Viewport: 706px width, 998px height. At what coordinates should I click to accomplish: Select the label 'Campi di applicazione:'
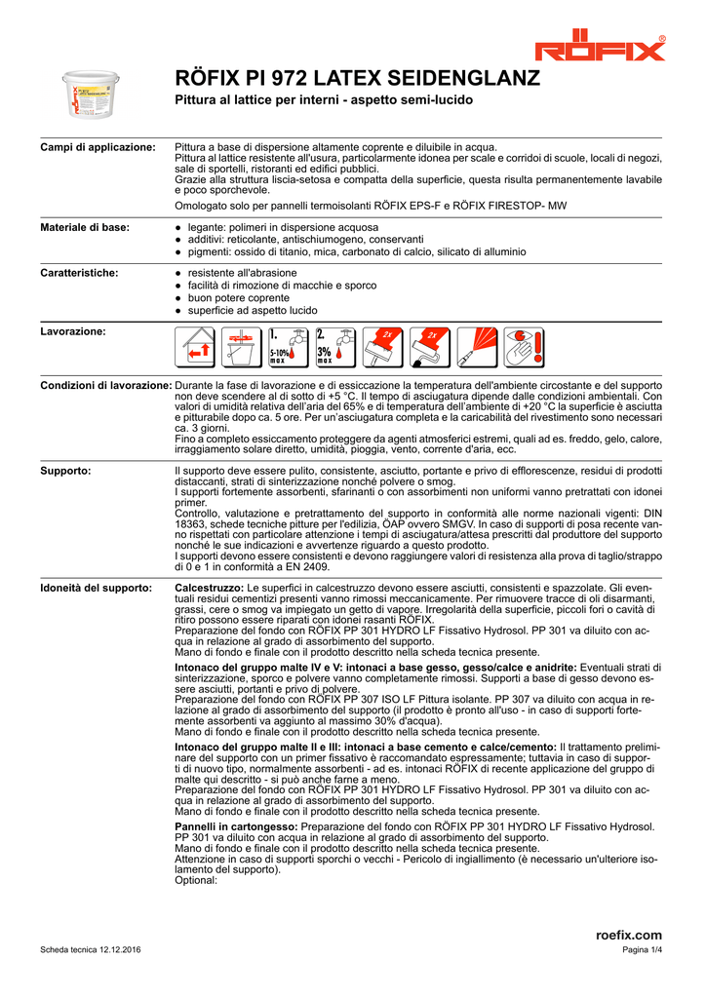click(98, 147)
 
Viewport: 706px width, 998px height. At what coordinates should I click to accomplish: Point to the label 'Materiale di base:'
click(85, 227)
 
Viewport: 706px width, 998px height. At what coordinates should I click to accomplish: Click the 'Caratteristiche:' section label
click(79, 273)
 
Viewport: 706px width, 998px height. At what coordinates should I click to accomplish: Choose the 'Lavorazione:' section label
click(73, 331)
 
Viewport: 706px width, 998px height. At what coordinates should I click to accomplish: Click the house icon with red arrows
click(195, 348)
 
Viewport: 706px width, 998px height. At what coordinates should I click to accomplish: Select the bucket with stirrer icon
click(241, 348)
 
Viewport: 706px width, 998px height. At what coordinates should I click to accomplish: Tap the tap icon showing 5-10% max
click(288, 348)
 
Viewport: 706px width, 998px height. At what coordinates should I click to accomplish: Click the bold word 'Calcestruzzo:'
click(209, 589)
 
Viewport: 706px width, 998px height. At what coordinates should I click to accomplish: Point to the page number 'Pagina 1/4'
click(642, 951)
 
